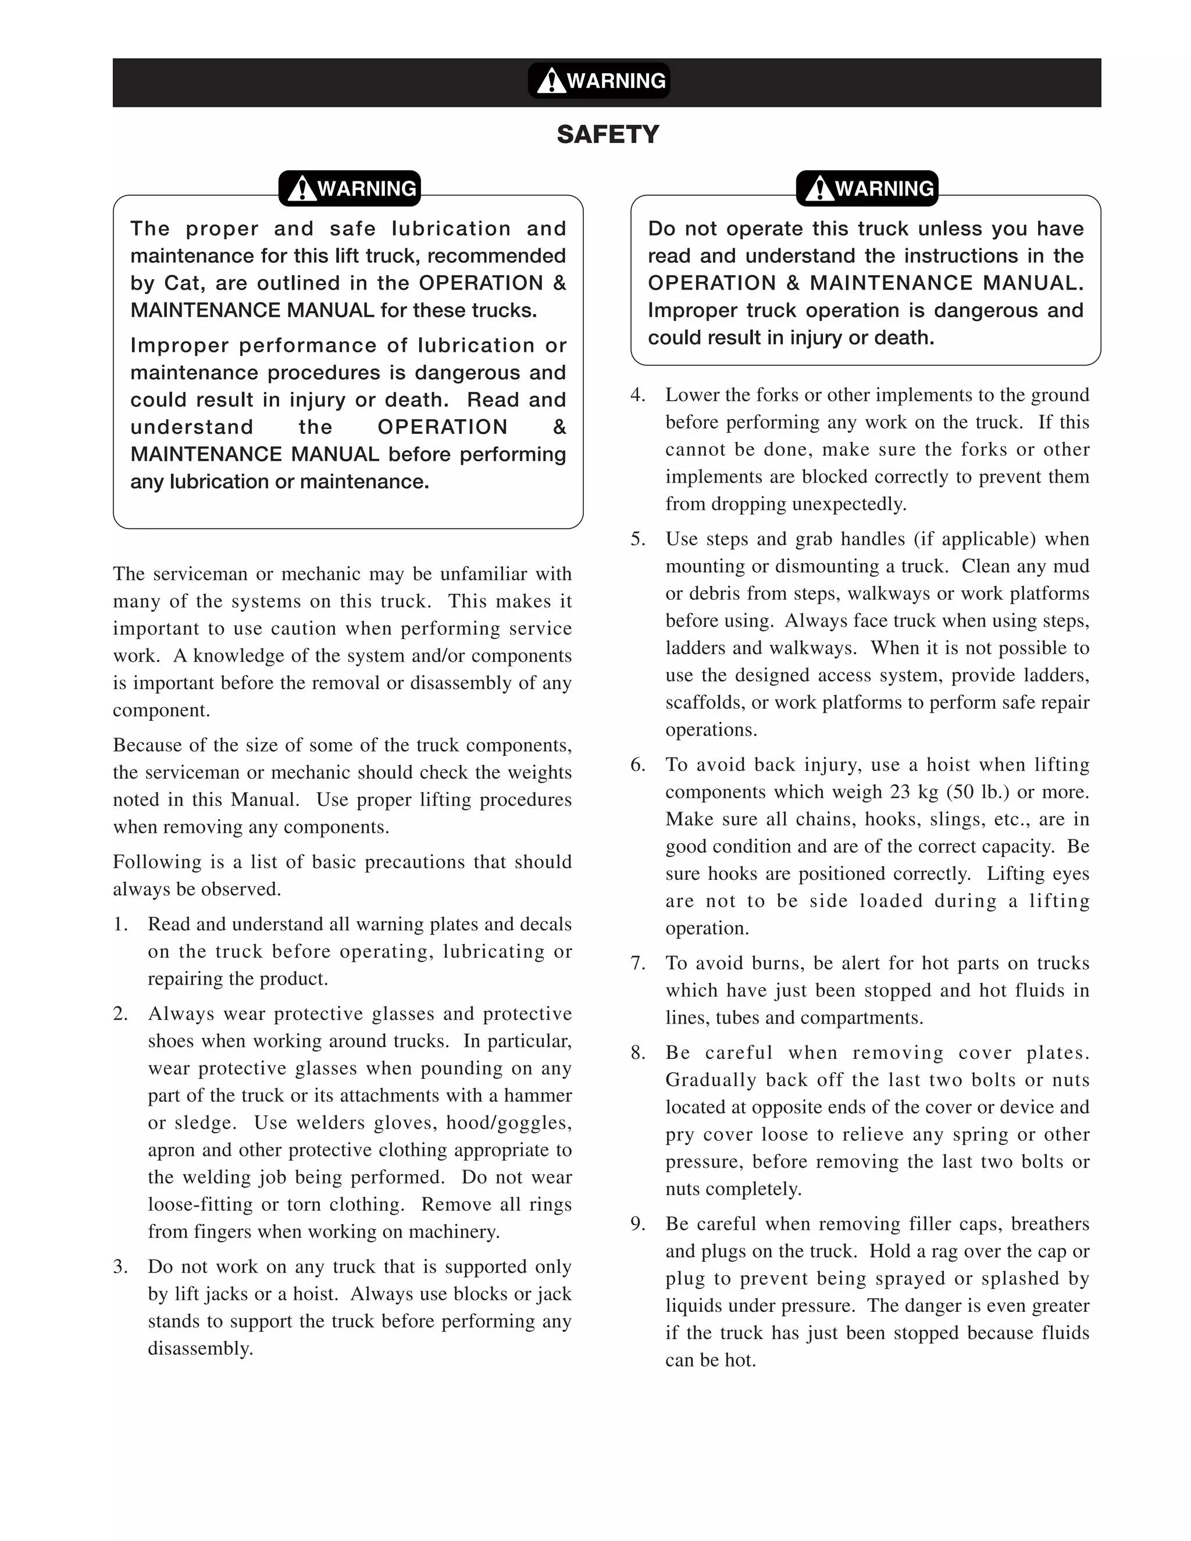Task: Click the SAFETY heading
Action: pos(608,134)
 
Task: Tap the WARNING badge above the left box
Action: pos(350,188)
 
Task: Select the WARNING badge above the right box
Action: pos(867,188)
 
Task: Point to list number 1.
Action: pos(120,925)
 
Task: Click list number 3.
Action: pos(120,1267)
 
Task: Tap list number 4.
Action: pos(638,395)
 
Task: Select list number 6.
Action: pos(638,765)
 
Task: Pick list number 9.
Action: pos(638,1224)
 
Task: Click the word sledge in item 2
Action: pos(205,1122)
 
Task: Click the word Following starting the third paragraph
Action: pos(148,862)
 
